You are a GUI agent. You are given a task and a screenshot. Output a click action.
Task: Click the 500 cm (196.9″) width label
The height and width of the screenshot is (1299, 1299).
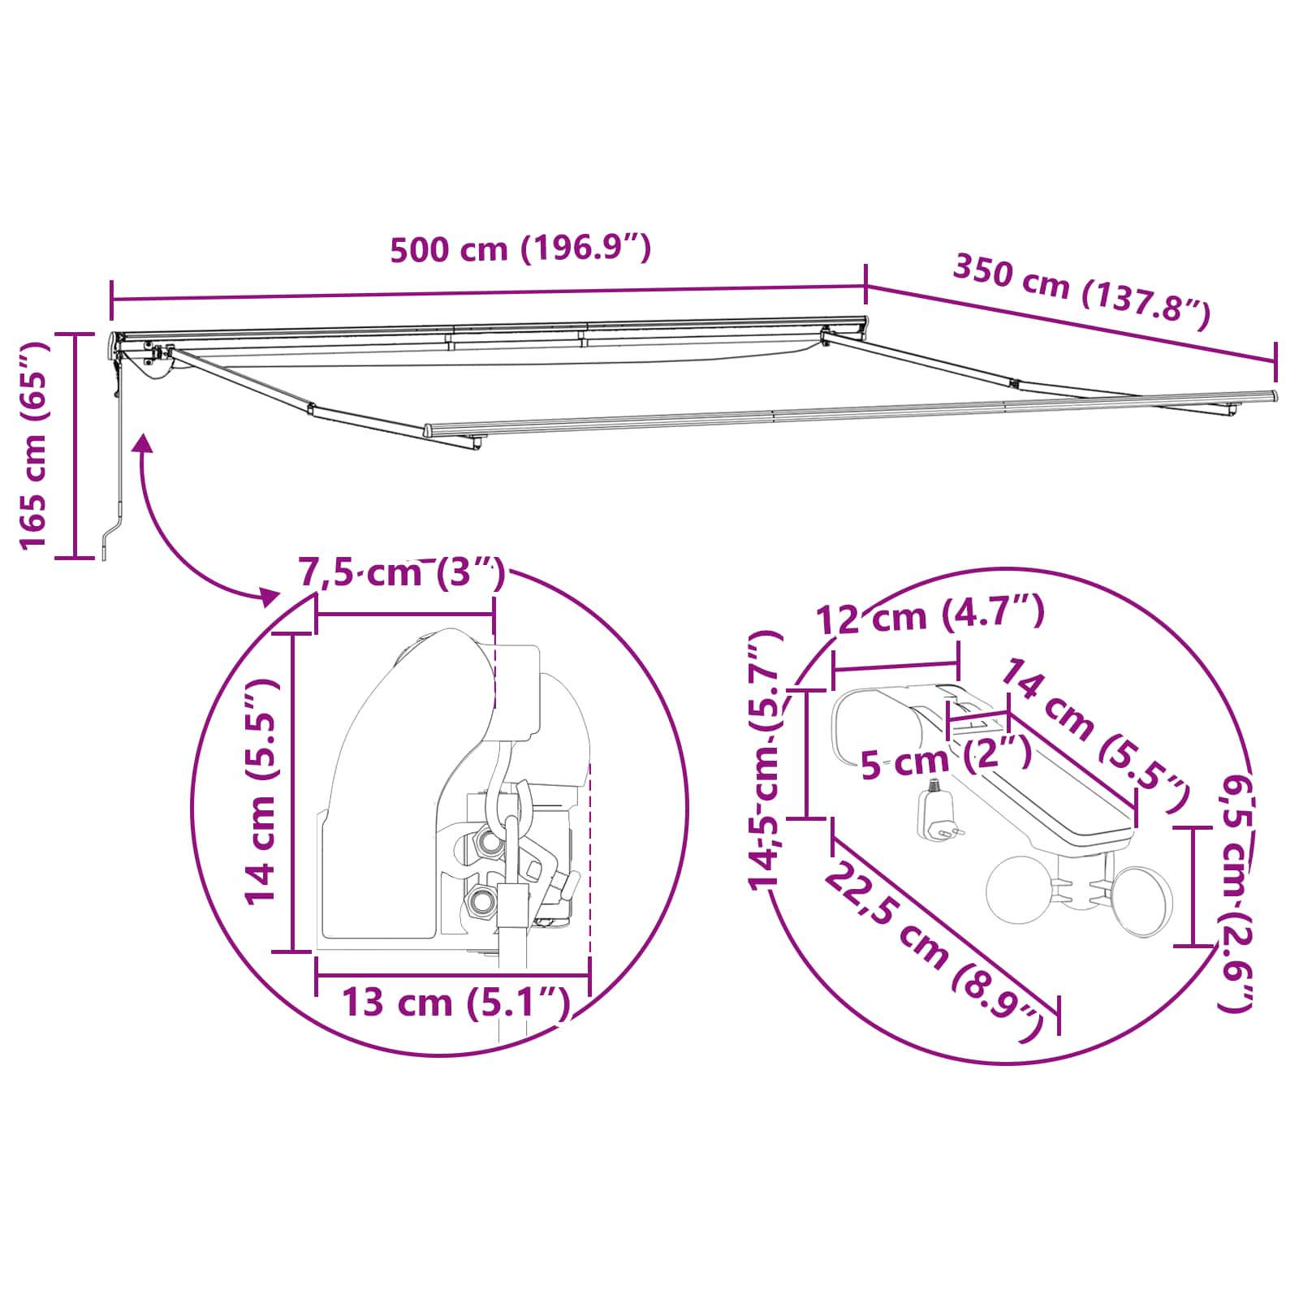tap(520, 248)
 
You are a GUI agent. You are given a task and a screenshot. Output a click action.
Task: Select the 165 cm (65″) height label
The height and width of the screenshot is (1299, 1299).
tap(34, 445)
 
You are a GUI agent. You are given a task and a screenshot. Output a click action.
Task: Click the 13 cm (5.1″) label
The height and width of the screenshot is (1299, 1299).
tap(455, 1003)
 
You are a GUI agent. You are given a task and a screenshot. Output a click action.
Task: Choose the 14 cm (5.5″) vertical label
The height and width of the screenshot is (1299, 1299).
tap(262, 792)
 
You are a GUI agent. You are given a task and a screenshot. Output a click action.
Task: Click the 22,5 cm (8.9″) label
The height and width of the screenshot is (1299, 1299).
tap(934, 952)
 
